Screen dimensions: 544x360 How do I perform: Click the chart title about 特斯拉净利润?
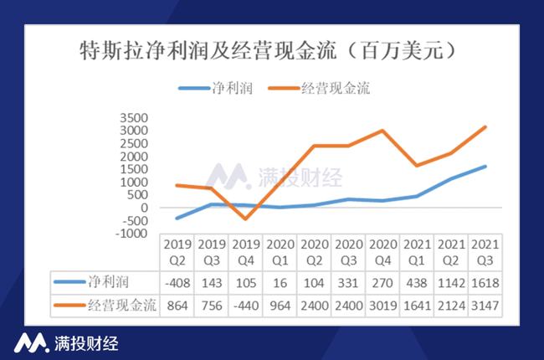point(268,51)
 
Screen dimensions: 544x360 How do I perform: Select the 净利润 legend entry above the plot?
point(215,88)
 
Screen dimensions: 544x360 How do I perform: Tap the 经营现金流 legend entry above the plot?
point(319,88)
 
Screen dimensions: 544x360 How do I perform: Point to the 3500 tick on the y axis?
point(134,118)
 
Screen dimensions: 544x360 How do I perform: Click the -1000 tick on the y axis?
point(131,234)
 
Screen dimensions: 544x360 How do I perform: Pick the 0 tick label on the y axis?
point(144,208)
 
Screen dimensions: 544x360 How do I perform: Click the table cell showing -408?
point(177,283)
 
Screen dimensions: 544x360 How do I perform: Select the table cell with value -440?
point(245,306)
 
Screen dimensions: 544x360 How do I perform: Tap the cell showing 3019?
point(382,306)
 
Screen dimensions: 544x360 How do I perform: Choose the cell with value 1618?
point(485,283)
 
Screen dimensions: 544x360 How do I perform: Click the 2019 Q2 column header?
point(177,252)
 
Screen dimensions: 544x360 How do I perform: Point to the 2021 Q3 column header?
point(485,252)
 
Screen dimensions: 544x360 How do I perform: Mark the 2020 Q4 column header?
point(382,252)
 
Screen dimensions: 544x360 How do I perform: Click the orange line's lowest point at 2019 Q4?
point(245,219)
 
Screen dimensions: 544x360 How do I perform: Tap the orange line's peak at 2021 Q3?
point(485,127)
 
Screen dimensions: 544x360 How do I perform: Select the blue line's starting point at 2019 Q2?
point(177,218)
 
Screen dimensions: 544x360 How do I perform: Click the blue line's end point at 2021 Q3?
point(485,167)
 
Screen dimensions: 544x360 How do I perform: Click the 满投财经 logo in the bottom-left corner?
point(66,343)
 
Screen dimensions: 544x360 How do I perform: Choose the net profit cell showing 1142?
point(451,283)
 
